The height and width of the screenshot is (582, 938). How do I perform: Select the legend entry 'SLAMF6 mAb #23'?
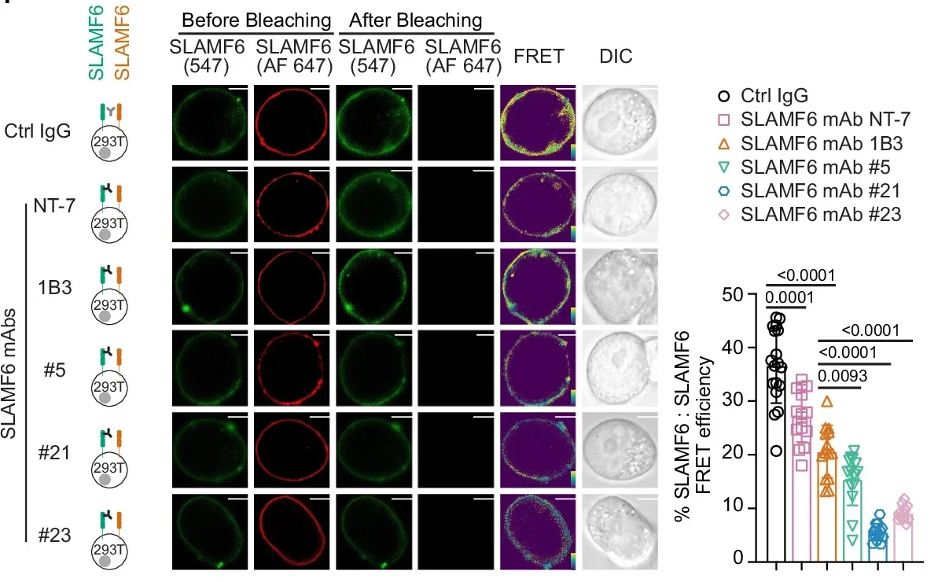(822, 213)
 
